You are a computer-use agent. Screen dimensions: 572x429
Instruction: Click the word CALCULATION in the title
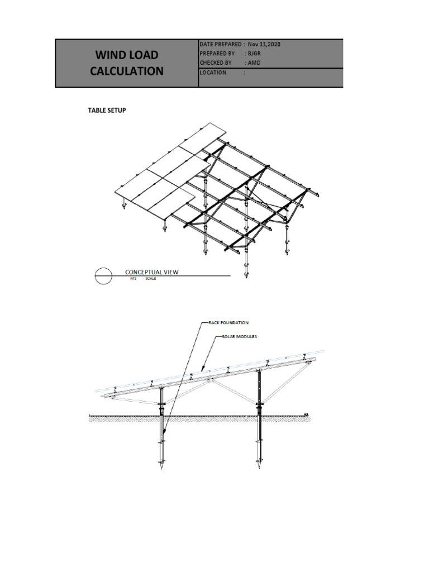tap(127, 71)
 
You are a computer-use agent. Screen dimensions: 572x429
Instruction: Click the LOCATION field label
tap(213, 73)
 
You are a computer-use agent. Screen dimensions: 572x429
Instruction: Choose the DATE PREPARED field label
tap(221, 44)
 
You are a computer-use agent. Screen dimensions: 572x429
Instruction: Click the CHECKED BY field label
tap(215, 63)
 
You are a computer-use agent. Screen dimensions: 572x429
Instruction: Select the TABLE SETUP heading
tap(107, 111)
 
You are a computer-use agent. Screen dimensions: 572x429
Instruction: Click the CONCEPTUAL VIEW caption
tap(151, 272)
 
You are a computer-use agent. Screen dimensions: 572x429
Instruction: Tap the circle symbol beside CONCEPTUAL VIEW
tap(102, 275)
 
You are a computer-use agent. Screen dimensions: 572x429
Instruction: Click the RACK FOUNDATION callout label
tap(228, 323)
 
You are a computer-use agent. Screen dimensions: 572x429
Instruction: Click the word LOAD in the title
tap(144, 55)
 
